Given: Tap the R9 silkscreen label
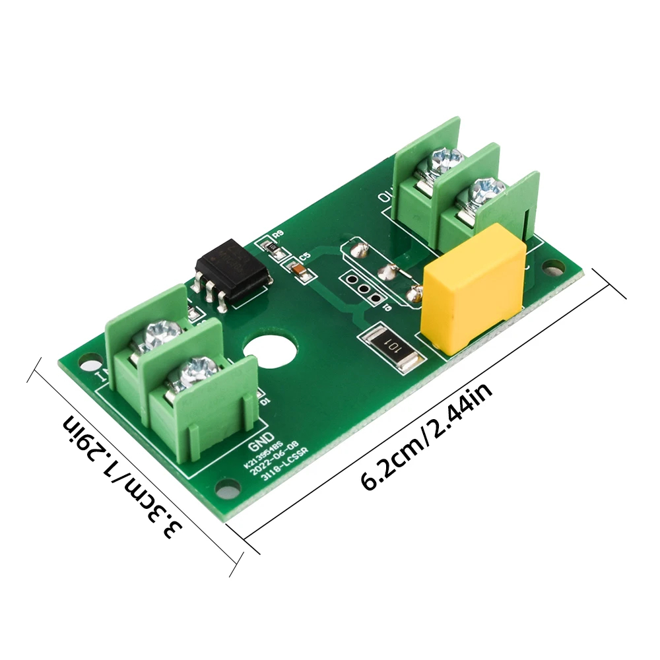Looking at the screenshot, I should coord(277,234).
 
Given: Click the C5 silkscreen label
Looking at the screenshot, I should coord(304,256).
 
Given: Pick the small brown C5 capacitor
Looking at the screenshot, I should coord(297,269).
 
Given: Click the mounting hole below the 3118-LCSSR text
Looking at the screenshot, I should coord(228,492).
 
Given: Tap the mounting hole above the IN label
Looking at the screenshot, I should coord(86,358).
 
